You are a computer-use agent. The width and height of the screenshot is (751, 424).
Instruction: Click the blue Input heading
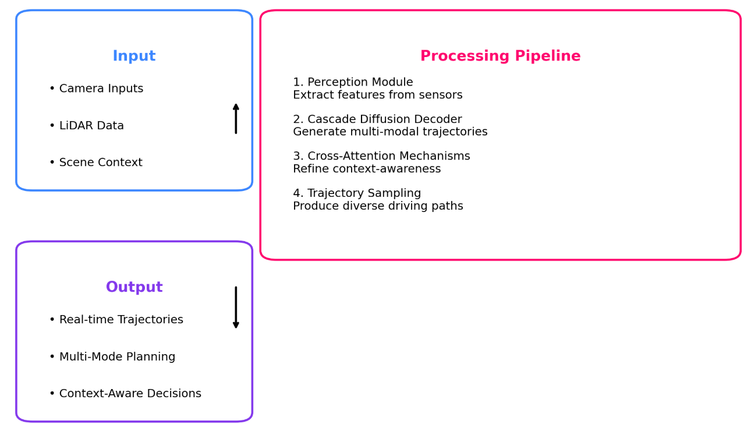(x=134, y=56)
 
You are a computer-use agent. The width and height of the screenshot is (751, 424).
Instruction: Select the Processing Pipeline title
(x=500, y=56)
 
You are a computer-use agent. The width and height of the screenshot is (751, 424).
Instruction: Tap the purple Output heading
(x=134, y=288)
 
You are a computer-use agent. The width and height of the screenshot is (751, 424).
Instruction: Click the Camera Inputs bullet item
(x=96, y=89)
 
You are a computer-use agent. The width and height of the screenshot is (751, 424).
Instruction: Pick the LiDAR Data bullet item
(x=86, y=126)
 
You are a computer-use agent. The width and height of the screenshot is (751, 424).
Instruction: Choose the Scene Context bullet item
(x=95, y=163)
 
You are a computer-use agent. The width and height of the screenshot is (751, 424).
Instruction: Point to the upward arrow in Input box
(x=236, y=118)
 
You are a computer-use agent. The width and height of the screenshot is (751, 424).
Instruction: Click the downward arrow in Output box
(x=236, y=308)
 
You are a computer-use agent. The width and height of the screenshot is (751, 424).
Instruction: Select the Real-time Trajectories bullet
(x=116, y=320)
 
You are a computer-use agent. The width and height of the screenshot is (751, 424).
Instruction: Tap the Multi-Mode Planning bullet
(x=112, y=357)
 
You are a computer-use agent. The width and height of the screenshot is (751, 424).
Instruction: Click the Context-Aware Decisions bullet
(x=125, y=394)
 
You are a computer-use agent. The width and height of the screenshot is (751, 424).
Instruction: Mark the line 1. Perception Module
(x=353, y=83)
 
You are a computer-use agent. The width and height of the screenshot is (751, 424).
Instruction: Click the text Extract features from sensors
(x=377, y=96)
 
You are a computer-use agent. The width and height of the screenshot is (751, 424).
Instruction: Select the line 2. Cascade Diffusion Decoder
(x=377, y=119)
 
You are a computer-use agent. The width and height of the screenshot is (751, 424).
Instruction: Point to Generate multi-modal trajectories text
(x=390, y=132)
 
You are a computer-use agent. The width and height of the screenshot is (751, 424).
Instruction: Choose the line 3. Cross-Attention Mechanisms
(x=381, y=157)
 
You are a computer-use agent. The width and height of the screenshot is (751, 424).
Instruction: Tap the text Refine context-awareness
(x=367, y=169)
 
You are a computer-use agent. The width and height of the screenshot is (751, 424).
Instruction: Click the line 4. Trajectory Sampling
(x=357, y=193)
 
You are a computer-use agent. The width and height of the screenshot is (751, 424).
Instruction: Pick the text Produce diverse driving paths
(x=378, y=207)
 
